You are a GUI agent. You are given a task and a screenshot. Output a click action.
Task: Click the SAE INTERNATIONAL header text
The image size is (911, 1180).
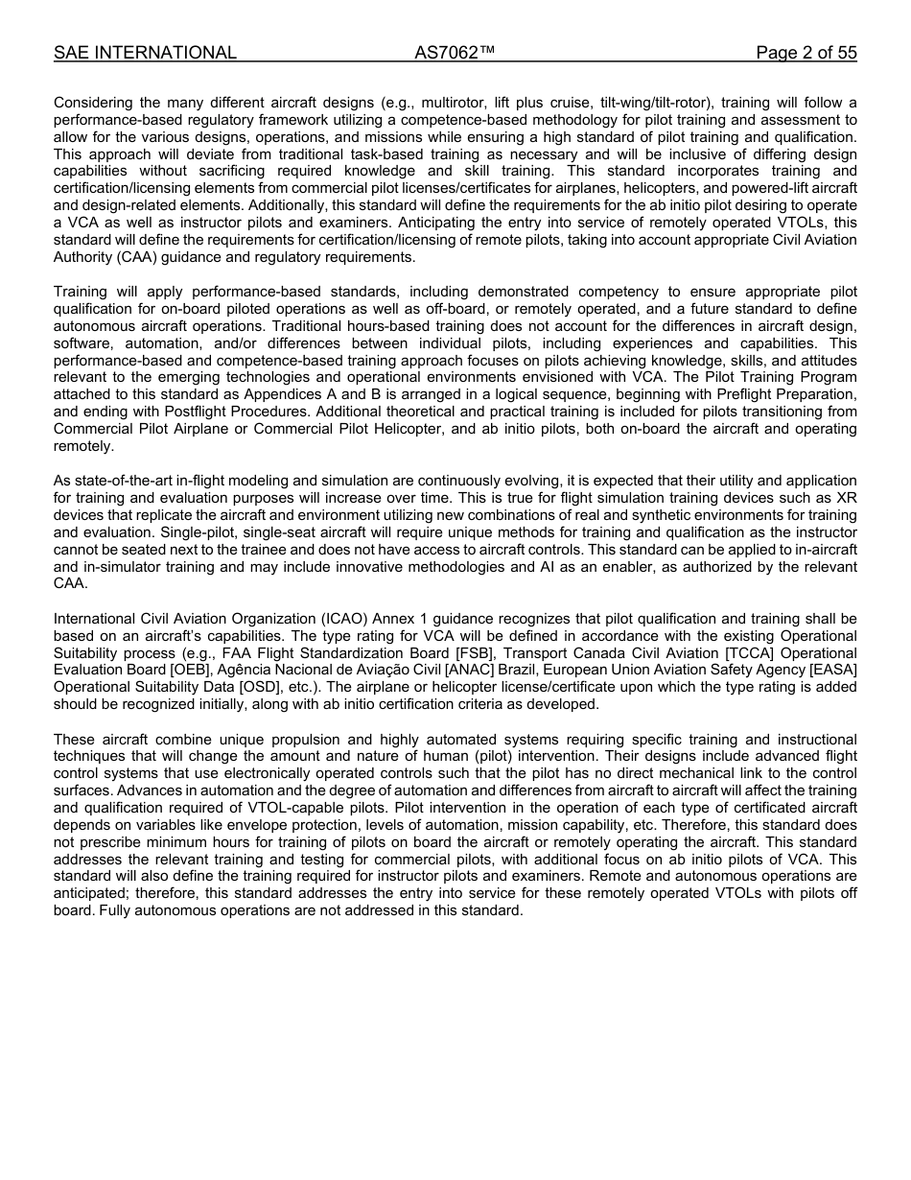(145, 53)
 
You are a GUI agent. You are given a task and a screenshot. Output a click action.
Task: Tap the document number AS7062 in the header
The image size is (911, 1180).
(455, 53)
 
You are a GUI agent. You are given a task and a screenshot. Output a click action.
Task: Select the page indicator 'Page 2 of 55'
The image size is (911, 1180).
(806, 53)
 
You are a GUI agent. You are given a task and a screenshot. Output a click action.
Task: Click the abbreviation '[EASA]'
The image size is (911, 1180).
(832, 670)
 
